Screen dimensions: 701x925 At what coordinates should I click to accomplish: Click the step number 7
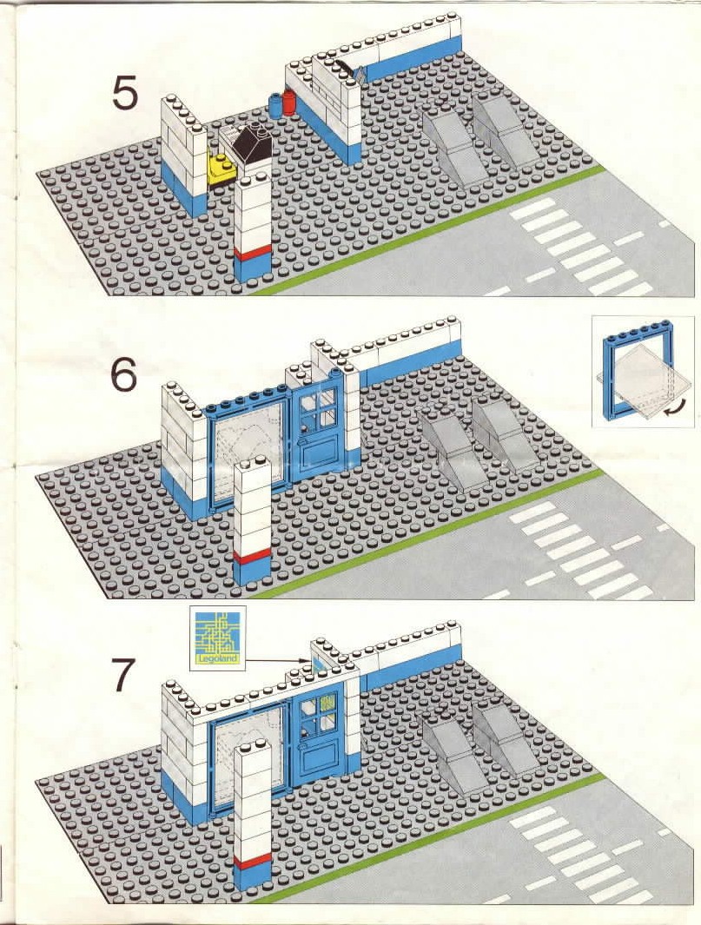click(x=124, y=673)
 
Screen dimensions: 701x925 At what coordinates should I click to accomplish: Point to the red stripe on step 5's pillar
click(x=253, y=253)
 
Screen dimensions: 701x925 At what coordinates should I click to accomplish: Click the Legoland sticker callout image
click(x=218, y=638)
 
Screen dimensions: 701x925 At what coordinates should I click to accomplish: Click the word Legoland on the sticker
click(x=218, y=658)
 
